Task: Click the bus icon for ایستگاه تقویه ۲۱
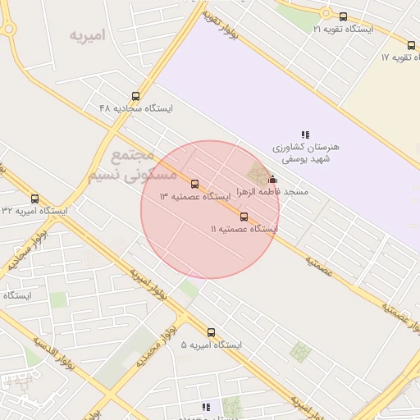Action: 343,16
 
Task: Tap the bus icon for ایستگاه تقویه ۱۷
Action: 411,45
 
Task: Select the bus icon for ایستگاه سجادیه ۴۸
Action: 135,96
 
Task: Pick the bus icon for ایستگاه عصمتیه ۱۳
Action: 194,185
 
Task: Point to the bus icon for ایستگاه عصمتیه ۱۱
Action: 244,217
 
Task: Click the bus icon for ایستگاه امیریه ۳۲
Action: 34,199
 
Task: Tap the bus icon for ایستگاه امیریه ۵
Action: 211,333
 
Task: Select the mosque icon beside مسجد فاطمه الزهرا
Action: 273,179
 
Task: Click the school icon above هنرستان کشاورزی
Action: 305,134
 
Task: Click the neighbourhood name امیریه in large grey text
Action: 88,36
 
